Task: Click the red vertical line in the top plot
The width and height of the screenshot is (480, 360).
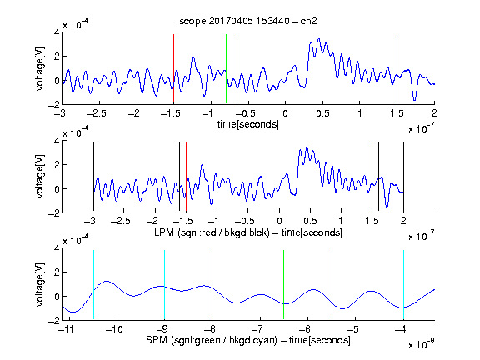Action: click(x=174, y=69)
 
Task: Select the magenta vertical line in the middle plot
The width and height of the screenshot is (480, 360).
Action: click(x=372, y=177)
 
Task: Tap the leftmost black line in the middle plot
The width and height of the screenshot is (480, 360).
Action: click(x=93, y=177)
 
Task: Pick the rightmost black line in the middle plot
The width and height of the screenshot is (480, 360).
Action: click(x=404, y=177)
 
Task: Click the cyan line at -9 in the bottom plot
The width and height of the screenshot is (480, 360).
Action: click(x=165, y=285)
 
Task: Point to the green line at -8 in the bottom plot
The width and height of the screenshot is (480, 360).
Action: click(x=212, y=285)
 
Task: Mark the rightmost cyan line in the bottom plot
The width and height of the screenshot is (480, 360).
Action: click(x=404, y=285)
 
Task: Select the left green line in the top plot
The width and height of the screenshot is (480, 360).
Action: click(x=226, y=69)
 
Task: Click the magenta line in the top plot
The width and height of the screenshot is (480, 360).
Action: click(x=397, y=69)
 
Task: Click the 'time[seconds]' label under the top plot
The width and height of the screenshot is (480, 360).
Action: click(x=248, y=124)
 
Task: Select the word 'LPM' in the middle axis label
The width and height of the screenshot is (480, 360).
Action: click(x=164, y=232)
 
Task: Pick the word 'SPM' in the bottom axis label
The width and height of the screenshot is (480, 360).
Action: click(x=156, y=340)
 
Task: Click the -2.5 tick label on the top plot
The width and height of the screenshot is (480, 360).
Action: click(x=97, y=113)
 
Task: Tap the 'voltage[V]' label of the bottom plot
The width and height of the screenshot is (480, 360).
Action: click(x=40, y=285)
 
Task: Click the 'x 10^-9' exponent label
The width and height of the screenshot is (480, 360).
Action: click(x=422, y=343)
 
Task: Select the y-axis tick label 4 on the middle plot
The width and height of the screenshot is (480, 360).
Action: click(x=57, y=141)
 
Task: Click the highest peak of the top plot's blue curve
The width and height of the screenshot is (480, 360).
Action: click(x=319, y=39)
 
